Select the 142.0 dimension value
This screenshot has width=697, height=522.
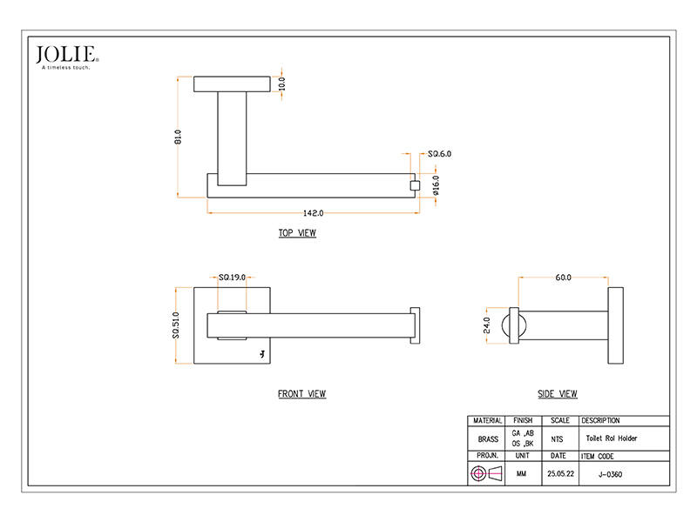tap(313, 213)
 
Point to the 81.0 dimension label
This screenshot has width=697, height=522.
tap(178, 137)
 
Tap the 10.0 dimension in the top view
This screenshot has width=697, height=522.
tap(281, 84)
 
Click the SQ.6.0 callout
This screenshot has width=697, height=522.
tap(439, 154)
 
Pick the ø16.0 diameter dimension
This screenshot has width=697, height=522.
tap(436, 185)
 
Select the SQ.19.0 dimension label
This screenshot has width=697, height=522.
tap(232, 278)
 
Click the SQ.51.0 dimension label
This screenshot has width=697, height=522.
tap(176, 325)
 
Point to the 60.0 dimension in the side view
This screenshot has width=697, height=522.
tap(563, 278)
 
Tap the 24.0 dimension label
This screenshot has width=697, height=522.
tap(487, 325)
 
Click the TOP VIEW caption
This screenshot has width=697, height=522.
tap(297, 233)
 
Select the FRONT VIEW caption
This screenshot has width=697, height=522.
tap(301, 394)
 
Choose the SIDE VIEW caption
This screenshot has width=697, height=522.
tap(558, 394)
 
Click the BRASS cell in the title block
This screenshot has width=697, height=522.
tap(488, 439)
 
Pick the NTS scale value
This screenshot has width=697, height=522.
tap(557, 439)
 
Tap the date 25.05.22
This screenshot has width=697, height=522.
tap(560, 473)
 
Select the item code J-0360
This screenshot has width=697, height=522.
tap(611, 474)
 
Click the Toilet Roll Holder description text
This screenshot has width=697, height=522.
tap(612, 438)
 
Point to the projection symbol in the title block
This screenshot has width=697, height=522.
tap(486, 473)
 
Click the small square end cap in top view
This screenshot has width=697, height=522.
tap(415, 185)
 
